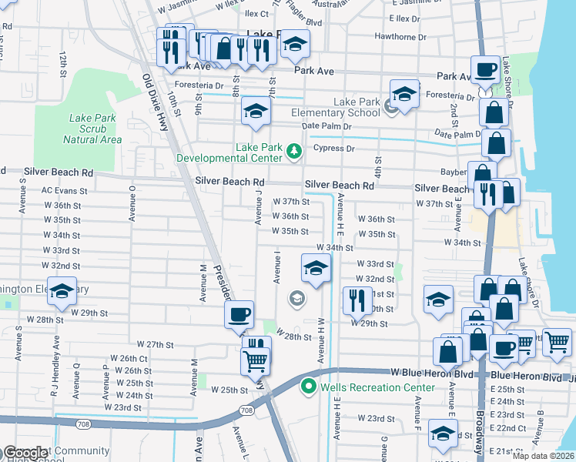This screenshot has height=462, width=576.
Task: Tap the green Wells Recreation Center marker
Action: click(x=309, y=385)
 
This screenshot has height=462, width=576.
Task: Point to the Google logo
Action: click(x=25, y=453)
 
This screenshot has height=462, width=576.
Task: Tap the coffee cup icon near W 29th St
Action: click(x=239, y=314)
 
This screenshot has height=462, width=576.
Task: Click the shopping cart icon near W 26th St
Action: click(x=255, y=360)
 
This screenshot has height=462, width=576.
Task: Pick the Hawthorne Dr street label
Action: click(x=400, y=36)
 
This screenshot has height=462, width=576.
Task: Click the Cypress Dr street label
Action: click(x=333, y=148)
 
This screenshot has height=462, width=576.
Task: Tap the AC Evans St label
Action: click(x=61, y=189)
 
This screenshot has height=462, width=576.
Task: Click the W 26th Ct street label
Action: click(x=129, y=358)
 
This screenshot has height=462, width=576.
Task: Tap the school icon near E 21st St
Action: click(x=442, y=435)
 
